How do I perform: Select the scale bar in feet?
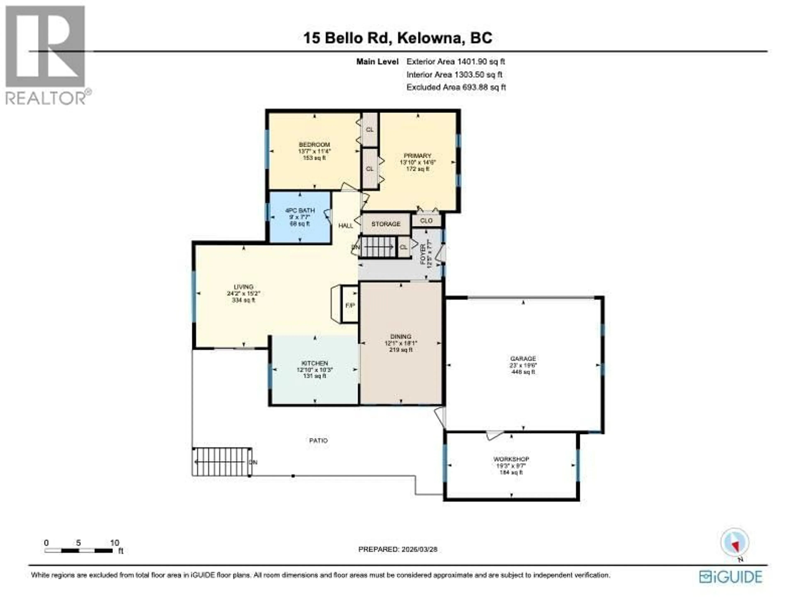tap(79, 551)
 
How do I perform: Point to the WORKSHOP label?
tap(511, 459)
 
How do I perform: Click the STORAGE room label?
tap(386, 224)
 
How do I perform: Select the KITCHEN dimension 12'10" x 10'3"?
tap(314, 370)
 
